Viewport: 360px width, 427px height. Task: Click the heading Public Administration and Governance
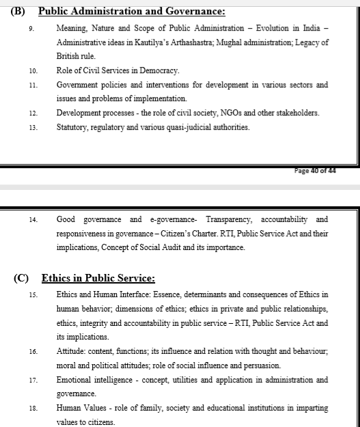coord(131,11)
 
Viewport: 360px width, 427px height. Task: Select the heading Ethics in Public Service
coord(98,278)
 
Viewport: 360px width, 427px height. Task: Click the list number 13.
coord(33,128)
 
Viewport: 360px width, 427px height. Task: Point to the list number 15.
coord(33,295)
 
